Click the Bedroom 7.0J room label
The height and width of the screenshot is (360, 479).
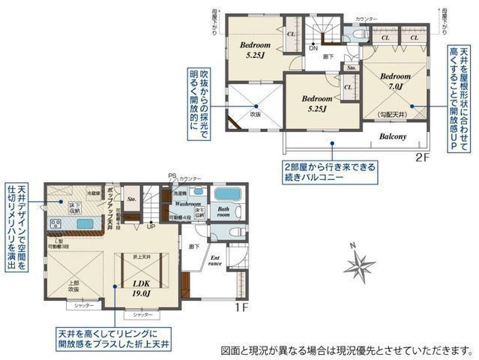(394, 82)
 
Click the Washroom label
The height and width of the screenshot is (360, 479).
(187, 203)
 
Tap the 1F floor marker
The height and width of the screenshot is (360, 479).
(240, 307)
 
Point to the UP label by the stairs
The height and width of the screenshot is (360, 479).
(151, 226)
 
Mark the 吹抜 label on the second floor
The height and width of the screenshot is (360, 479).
(255, 114)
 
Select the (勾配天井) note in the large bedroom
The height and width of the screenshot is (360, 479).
(392, 113)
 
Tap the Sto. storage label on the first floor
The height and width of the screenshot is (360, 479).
(132, 199)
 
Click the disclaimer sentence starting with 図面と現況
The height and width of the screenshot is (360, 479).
(347, 349)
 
